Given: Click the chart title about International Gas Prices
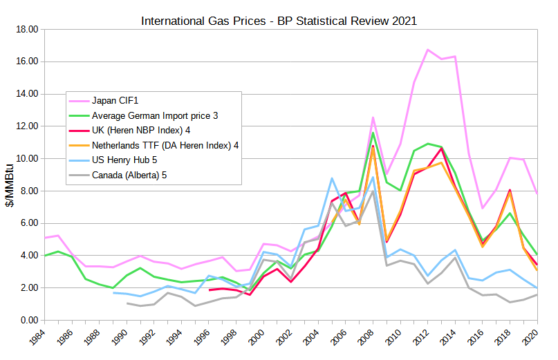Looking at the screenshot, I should tap(279, 21).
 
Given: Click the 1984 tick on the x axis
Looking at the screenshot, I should tap(39, 339).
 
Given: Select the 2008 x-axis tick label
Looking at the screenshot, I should tap(369, 339).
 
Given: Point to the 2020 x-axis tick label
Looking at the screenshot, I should tap(533, 339).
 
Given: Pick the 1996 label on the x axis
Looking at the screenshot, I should tap(204, 339).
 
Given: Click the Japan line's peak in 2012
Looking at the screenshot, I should tap(428, 50).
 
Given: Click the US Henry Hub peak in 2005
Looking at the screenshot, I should tap(332, 178).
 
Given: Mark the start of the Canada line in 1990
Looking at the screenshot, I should tap(127, 303).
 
